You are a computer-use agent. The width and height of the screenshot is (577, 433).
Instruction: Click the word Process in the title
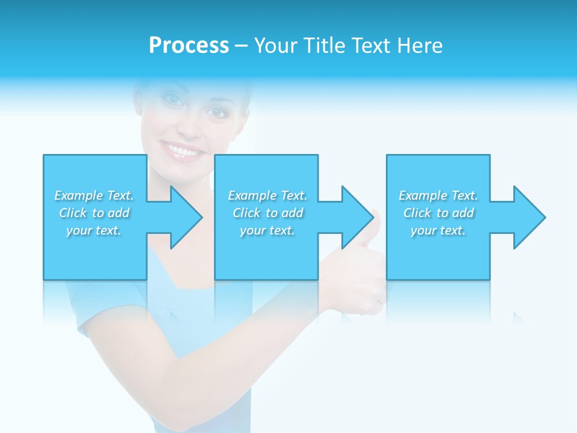point(189,46)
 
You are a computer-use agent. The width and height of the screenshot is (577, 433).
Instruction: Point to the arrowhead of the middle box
point(356,217)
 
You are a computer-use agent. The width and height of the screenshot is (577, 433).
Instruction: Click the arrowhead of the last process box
point(528,217)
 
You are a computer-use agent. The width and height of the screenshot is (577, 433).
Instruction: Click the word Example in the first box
point(78,195)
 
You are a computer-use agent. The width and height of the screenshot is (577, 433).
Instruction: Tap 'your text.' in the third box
point(438,230)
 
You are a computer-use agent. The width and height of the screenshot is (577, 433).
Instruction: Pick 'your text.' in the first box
point(93,230)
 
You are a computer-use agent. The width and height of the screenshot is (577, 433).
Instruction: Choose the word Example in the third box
point(423,195)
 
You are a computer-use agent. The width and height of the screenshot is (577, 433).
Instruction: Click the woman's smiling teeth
point(181,150)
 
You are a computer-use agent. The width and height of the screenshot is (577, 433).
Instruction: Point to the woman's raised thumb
point(375,219)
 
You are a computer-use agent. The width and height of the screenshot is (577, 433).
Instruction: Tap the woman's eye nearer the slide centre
point(216,112)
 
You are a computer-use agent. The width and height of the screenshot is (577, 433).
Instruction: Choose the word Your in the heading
point(274,46)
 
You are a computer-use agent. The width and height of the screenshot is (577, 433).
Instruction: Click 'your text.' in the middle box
point(267,230)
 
